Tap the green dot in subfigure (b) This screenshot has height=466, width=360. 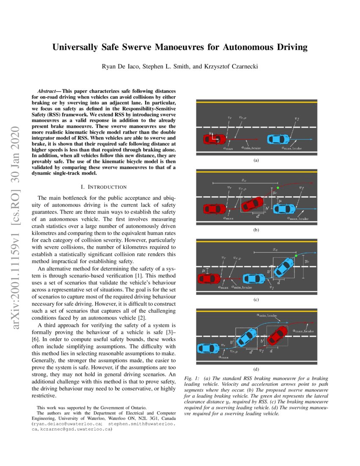[x=277, y=188]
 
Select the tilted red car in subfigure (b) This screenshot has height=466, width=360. [x=252, y=205]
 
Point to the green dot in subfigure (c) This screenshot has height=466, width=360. [x=296, y=255]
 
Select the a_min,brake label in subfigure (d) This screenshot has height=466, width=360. [x=267, y=315]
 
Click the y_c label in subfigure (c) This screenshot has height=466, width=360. [x=307, y=262]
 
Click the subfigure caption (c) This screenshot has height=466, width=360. [x=256, y=299]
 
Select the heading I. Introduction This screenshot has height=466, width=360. [x=103, y=187]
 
